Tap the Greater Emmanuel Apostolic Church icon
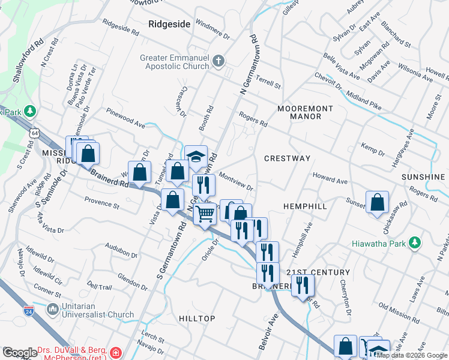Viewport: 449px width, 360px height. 218,61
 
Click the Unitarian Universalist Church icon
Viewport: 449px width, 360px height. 52,310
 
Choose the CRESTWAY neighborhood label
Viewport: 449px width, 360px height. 287,158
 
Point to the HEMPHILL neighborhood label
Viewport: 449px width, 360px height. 305,206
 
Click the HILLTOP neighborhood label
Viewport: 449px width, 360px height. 197,318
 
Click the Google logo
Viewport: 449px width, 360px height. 20,353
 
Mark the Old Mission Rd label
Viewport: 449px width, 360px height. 391,314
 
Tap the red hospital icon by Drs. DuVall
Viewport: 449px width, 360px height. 115,352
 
